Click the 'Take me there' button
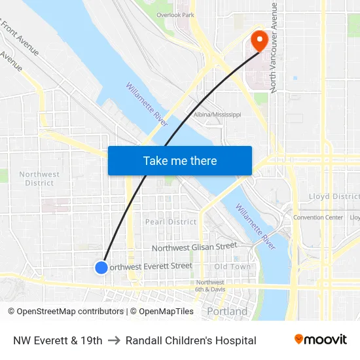point(180,161)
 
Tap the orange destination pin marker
point(259,40)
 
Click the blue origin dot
point(101,267)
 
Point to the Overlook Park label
point(175,14)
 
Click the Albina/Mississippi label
point(217,115)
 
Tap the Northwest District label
point(39,178)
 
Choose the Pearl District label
point(171,222)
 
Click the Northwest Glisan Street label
point(194,247)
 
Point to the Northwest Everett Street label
point(151,266)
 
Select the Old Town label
point(232,266)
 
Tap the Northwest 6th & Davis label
point(210,285)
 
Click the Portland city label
point(227,312)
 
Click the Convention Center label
point(318,217)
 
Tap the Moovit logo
point(320,340)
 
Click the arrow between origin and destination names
point(114,340)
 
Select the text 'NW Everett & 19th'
point(58,340)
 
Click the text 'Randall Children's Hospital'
point(191,340)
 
